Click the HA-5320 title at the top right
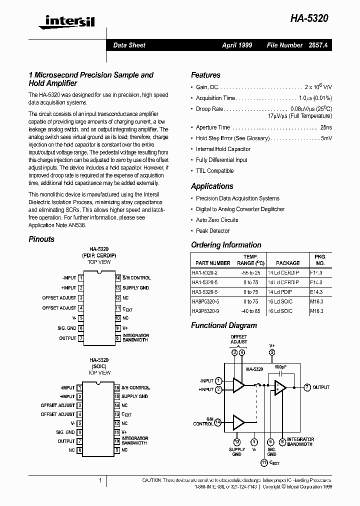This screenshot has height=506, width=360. click(309, 18)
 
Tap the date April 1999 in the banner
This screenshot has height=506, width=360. click(237, 45)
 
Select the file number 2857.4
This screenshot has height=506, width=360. click(321, 45)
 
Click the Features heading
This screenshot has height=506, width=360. click(205, 75)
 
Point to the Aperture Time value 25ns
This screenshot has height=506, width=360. click(325, 127)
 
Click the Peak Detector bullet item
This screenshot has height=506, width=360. click(212, 231)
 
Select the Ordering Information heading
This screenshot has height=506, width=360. click(226, 245)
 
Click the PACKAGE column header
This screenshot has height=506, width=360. click(287, 263)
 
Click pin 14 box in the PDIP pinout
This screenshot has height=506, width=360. click(117, 277)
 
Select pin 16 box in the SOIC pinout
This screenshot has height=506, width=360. click(117, 387)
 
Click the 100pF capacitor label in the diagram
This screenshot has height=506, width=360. click(280, 366)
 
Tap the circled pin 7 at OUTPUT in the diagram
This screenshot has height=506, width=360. click(307, 387)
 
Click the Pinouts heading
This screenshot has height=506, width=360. click(41, 239)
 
